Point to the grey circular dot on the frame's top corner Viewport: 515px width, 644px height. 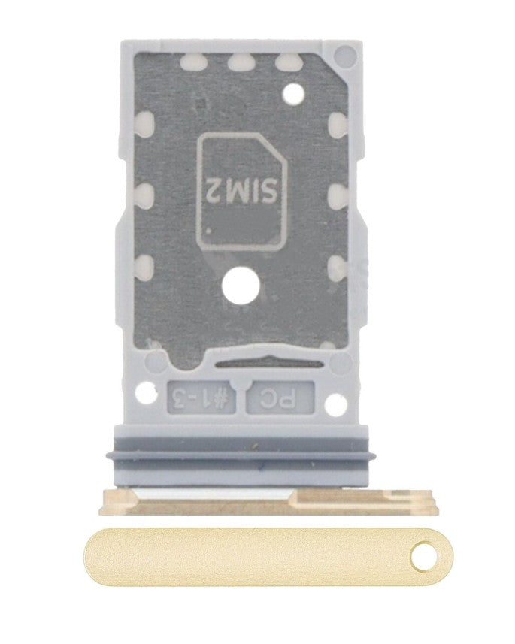[x=344, y=55]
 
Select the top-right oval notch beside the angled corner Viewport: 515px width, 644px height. [x=286, y=64]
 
